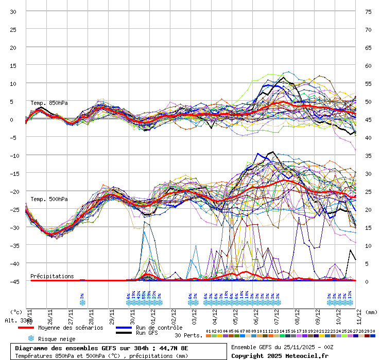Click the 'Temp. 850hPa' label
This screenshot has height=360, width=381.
coord(49,103)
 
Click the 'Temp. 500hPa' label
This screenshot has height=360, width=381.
coord(49,200)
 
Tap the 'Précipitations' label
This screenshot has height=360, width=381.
coord(52,276)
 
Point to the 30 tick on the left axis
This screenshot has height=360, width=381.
coord(13,11)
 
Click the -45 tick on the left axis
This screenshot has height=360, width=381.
coord(13,281)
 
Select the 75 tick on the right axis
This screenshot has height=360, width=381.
coord(368,11)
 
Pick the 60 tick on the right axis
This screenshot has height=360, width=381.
coord(368,65)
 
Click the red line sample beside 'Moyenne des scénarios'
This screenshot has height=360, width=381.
coord(26,328)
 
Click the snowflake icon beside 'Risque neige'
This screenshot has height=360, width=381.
coord(31,338)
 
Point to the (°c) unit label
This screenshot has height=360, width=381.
coord(16,312)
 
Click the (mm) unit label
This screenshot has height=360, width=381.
coord(372,312)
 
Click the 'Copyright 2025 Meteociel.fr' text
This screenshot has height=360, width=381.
coord(280,355)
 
